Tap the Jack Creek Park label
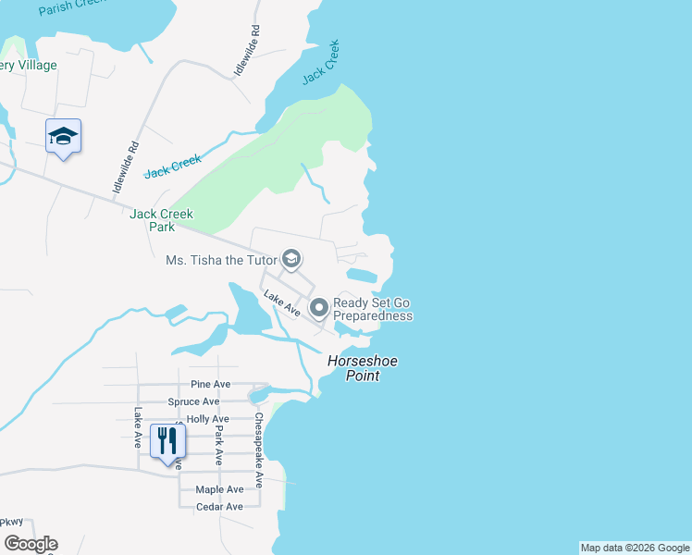[x=162, y=220]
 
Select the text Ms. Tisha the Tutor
[x=221, y=260]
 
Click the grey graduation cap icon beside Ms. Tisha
[x=290, y=259]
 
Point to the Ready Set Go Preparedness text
[x=372, y=309]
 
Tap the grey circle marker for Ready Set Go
[x=319, y=308]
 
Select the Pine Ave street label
[x=210, y=384]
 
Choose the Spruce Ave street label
[x=193, y=401]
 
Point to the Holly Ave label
[x=207, y=419]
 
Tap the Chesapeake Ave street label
[x=259, y=450]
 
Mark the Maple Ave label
[x=219, y=489]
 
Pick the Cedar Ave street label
[x=219, y=507]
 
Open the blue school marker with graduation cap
[x=63, y=137]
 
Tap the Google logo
[x=31, y=544]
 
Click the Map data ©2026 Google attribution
[x=635, y=548]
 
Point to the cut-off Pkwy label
[x=11, y=522]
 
